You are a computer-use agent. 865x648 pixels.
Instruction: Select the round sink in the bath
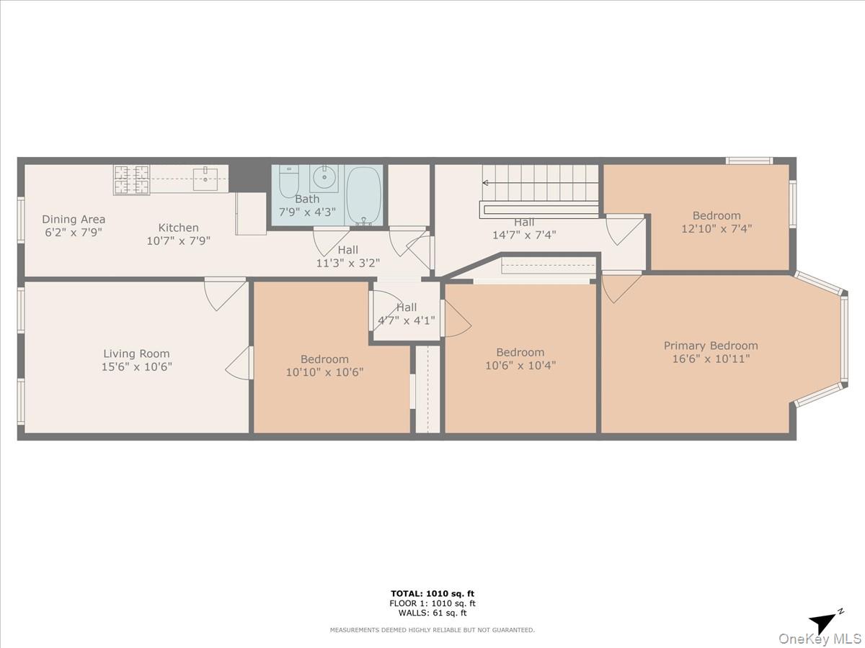[x=324, y=176]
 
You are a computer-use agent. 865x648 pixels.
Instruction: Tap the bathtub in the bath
[x=364, y=194]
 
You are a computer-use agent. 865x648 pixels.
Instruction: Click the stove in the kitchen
[x=131, y=179]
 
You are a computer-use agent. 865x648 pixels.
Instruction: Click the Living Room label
[x=136, y=354]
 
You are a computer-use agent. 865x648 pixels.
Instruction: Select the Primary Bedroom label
[x=711, y=346]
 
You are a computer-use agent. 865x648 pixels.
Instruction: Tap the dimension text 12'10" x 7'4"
[x=716, y=228]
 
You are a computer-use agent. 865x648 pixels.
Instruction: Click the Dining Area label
[x=74, y=220]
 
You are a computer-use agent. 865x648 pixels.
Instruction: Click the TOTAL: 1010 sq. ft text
[x=432, y=594]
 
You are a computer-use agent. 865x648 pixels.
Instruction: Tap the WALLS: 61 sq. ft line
[x=432, y=613]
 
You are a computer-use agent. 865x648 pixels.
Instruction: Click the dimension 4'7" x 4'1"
[x=407, y=320]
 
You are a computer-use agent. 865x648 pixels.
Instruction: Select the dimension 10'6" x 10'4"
[x=520, y=365]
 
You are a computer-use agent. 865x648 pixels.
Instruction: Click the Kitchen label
[x=178, y=228]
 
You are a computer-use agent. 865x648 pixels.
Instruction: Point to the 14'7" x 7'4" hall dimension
[x=524, y=234]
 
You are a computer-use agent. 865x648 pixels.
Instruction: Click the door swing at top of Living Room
[x=223, y=294]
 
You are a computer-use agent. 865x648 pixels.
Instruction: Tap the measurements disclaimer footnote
[x=432, y=630]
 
